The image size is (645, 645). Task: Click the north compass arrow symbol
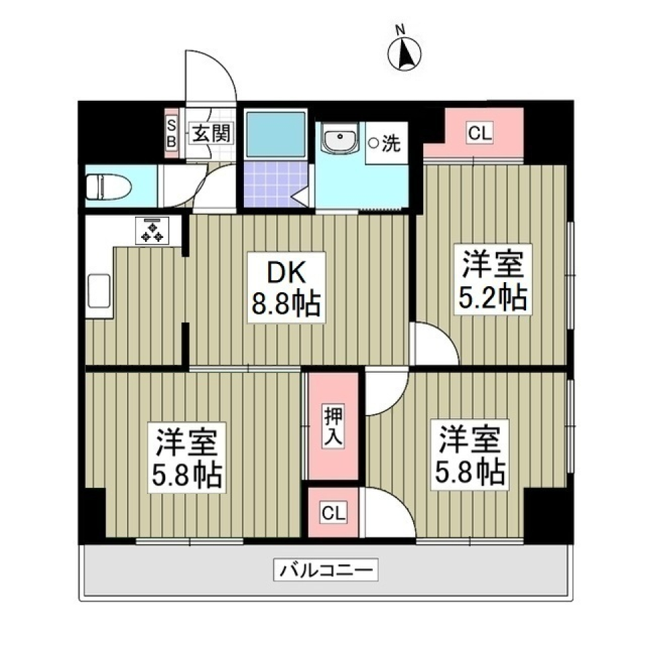(x=404, y=55)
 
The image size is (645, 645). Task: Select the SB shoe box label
(x=172, y=132)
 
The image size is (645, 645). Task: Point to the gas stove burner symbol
(x=153, y=230)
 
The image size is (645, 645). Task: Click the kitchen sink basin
(x=97, y=294)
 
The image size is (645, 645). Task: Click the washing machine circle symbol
(x=373, y=142)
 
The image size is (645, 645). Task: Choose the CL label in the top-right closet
(x=480, y=133)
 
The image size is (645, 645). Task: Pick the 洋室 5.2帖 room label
(x=492, y=279)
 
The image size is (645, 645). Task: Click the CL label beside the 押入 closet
(x=333, y=514)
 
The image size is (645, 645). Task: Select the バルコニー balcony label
(x=326, y=572)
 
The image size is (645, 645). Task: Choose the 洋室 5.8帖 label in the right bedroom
(x=470, y=454)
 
